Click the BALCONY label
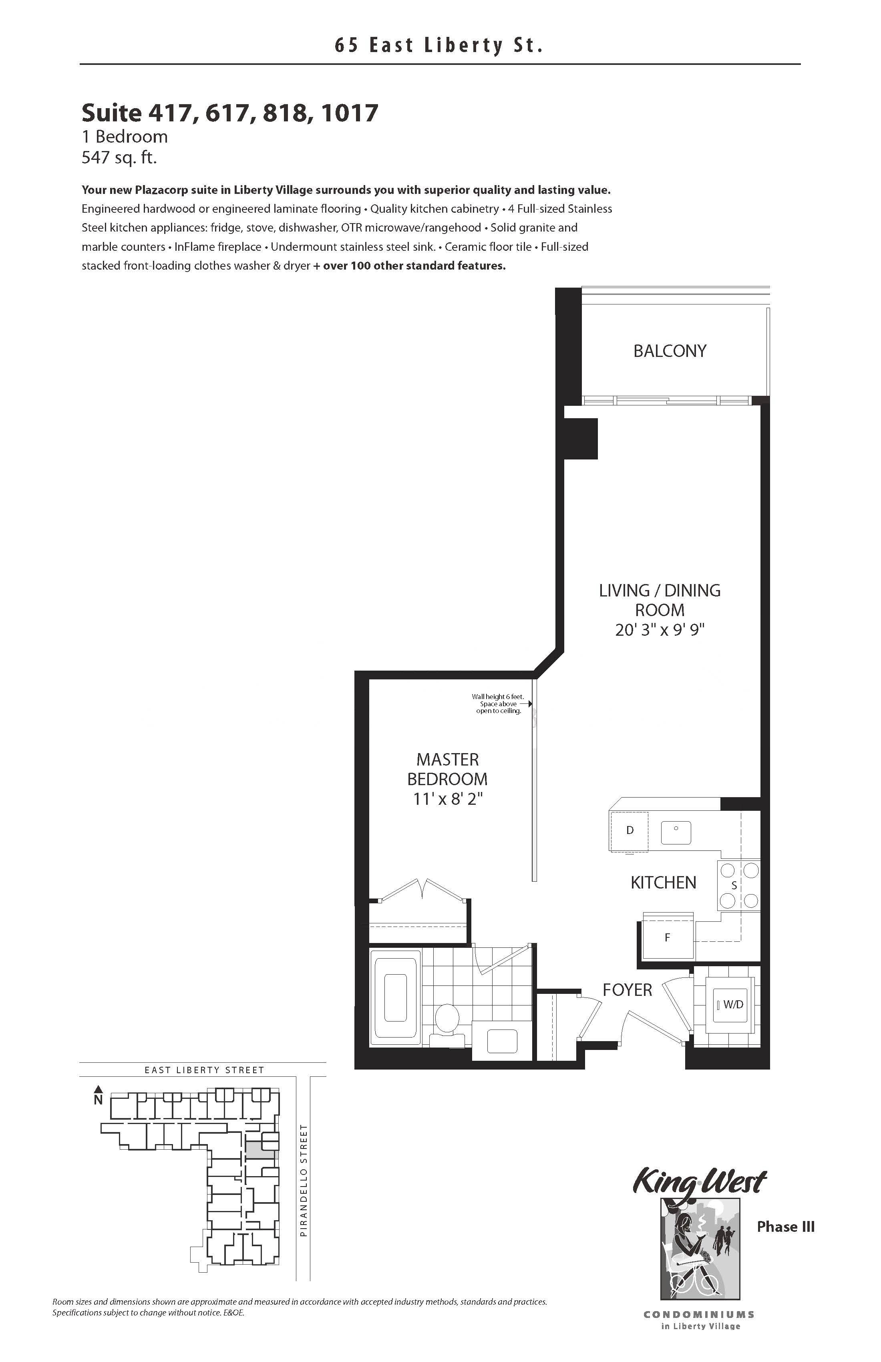point(670,351)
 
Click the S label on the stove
point(734,885)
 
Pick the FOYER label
point(627,990)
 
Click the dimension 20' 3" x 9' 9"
point(660,630)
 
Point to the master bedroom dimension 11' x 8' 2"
point(448,798)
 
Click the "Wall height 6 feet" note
point(497,697)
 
